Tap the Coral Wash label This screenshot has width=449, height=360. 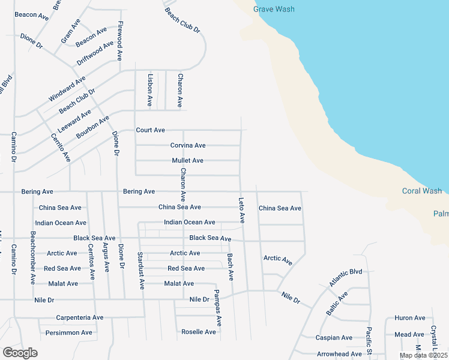click(x=422, y=191)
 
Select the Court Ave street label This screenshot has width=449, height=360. click(x=150, y=130)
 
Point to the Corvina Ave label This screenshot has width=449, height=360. click(x=188, y=145)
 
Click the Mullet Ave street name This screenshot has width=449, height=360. click(x=187, y=161)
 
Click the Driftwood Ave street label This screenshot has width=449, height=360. click(x=95, y=53)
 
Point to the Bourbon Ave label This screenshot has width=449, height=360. click(x=92, y=127)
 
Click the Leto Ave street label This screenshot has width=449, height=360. click(x=242, y=210)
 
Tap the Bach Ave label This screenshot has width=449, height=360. click(x=230, y=267)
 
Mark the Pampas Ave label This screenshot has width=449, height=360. click(x=218, y=307)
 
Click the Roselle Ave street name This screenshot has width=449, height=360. click(x=199, y=332)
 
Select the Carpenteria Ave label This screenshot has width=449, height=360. click(x=80, y=317)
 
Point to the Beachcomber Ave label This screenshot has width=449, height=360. click(x=33, y=257)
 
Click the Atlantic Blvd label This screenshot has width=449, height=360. click(x=345, y=277)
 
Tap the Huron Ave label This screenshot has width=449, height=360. click(x=410, y=318)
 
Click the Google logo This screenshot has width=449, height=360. click(x=20, y=353)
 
